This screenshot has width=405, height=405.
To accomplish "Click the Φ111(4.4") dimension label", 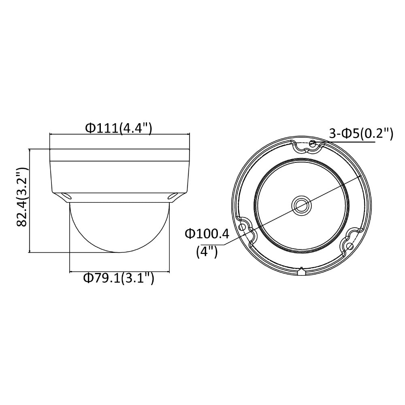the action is pyautogui.click(x=119, y=128).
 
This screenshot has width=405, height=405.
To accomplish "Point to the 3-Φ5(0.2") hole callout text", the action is pyautogui.click(x=361, y=134).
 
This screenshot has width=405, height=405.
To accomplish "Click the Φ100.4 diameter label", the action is pyautogui.click(x=207, y=234).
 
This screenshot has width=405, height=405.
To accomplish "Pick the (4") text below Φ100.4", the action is pyautogui.click(x=207, y=252).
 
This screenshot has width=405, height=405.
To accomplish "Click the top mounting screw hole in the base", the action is pyautogui.click(x=313, y=143).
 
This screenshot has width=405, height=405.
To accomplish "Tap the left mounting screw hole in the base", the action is pyautogui.click(x=242, y=227).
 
